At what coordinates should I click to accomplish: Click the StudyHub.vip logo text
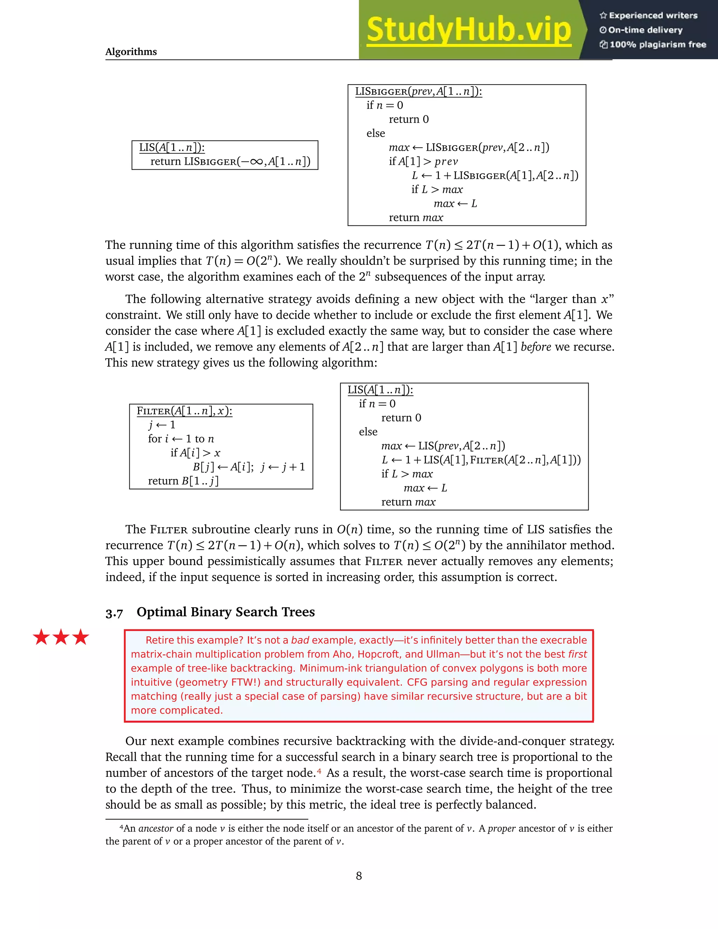[468, 30]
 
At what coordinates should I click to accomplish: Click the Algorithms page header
[131, 52]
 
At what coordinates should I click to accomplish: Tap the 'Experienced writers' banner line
[649, 16]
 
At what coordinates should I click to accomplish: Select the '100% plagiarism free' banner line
[653, 45]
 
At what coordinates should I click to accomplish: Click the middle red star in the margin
[61, 637]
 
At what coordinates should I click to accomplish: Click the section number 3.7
[114, 613]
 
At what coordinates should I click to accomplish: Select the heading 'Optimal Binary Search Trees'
[225, 612]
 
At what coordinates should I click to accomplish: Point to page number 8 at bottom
[359, 876]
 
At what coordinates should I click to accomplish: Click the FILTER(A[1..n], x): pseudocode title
[184, 411]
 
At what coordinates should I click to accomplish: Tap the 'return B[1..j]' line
[183, 481]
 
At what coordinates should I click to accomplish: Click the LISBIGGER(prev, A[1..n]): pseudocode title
[418, 91]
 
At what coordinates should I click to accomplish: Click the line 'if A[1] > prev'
[423, 162]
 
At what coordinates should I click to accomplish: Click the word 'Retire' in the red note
[159, 640]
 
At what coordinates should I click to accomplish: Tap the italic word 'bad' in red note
[300, 640]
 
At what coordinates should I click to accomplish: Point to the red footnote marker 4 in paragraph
[319, 772]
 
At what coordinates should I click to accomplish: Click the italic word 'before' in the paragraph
[536, 347]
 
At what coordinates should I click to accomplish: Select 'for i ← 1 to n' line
[181, 439]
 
